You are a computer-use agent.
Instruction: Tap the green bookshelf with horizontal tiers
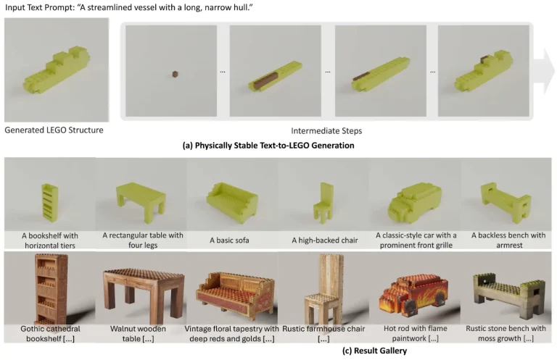[47, 201]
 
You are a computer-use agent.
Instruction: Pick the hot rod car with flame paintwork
[414, 297]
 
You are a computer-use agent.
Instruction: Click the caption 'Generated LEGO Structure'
[54, 131]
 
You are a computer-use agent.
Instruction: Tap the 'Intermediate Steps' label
[327, 131]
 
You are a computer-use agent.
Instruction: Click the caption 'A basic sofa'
[232, 240]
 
